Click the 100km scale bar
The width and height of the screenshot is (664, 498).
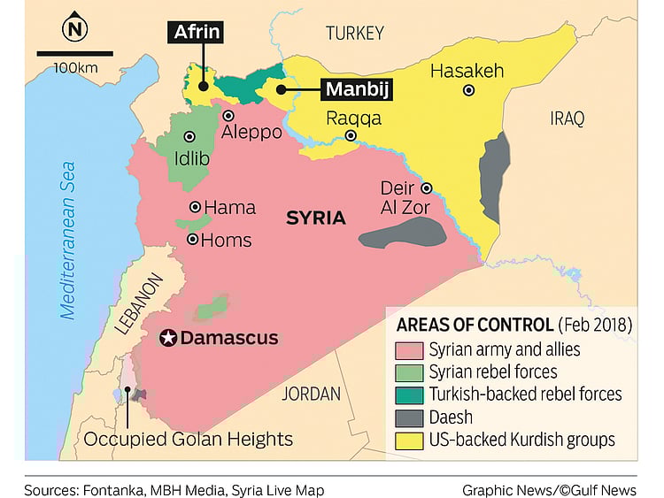[74, 54]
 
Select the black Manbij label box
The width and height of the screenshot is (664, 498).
[357, 89]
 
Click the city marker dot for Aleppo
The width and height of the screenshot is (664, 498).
[228, 116]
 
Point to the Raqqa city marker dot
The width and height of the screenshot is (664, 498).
[351, 136]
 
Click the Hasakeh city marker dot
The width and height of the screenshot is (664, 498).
[468, 90]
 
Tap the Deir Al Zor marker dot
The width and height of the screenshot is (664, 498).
[426, 188]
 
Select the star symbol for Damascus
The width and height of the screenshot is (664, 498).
[166, 338]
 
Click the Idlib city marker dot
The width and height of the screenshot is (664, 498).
[189, 136]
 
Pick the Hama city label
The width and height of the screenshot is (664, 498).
[229, 208]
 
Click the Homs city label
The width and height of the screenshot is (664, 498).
[226, 240]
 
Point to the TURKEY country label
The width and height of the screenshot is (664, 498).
[354, 34]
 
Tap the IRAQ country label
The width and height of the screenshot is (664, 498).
[567, 119]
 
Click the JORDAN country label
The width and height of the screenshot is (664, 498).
[311, 394]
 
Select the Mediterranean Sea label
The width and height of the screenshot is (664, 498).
[68, 239]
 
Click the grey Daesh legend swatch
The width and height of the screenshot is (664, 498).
[409, 417]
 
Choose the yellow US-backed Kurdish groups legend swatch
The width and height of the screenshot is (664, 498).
[409, 440]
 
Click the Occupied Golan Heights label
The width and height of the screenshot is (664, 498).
[189, 439]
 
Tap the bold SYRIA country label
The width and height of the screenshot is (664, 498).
[315, 217]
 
